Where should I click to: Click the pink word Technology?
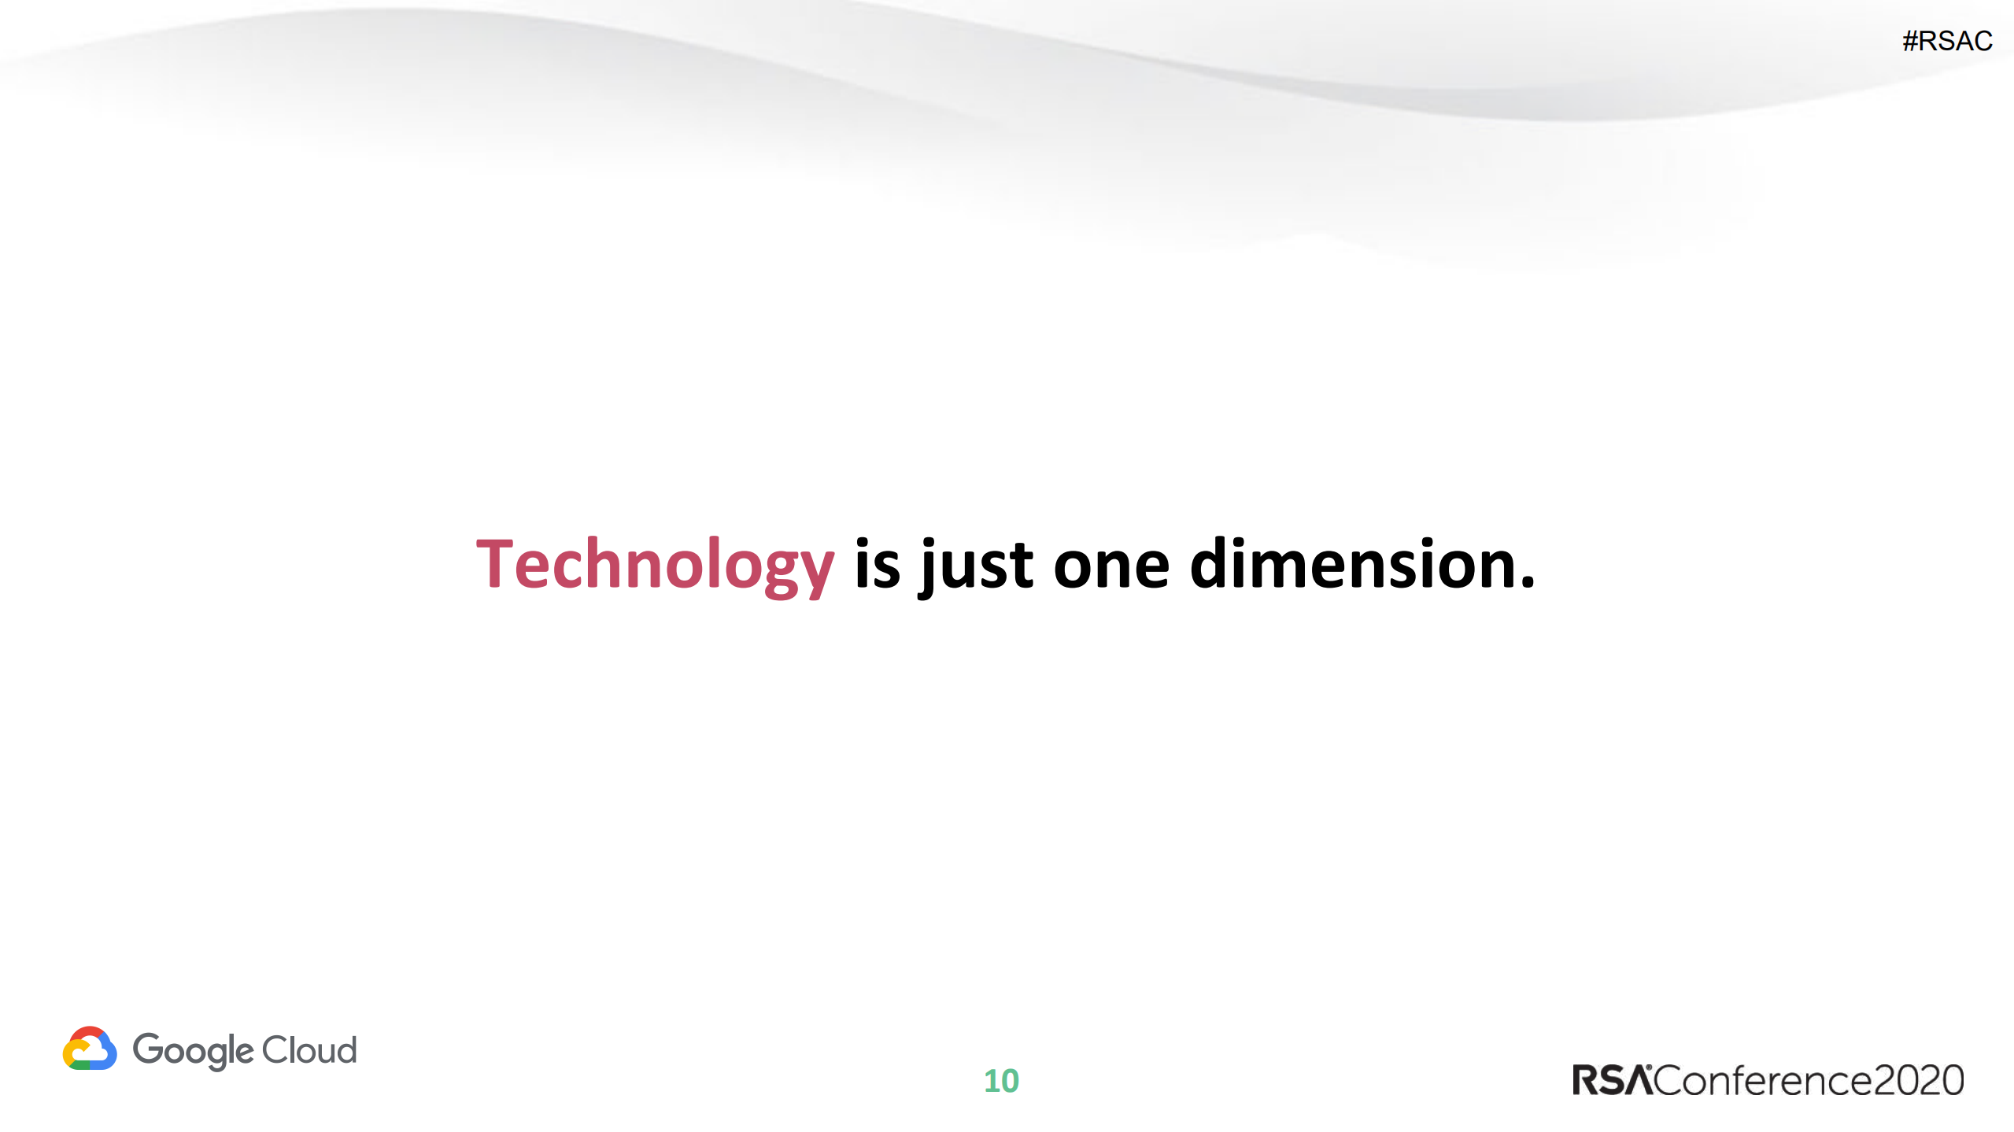655,565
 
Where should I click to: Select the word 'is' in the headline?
877,565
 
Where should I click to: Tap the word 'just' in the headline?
976,565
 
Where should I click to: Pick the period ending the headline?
1528,583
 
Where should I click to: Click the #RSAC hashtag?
1947,41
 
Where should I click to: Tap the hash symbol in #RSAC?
1911,41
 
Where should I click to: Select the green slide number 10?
1001,1081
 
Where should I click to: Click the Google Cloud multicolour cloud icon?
90,1049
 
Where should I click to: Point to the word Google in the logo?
193,1050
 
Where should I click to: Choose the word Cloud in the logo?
309,1050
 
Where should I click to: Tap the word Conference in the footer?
1763,1080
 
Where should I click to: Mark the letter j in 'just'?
929,566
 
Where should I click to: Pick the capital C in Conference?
1670,1080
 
